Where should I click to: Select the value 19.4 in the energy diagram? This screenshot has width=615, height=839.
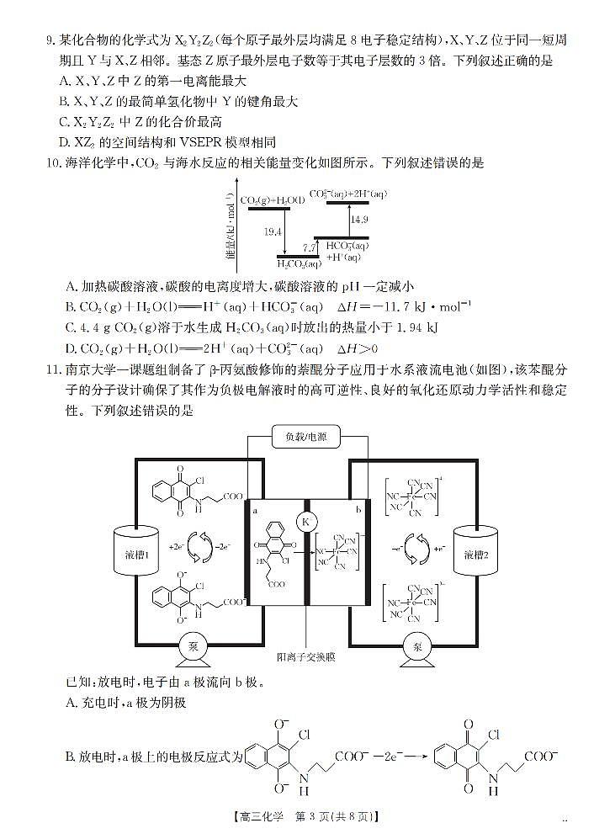272,230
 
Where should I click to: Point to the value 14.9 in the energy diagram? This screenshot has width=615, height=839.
359,219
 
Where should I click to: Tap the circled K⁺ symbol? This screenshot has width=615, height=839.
306,522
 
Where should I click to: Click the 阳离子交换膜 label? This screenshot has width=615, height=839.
306,656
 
